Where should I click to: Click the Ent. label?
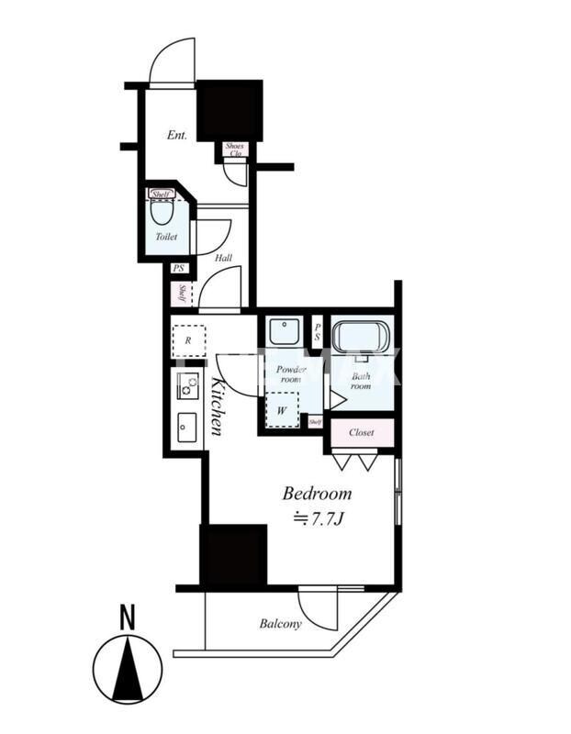click(177, 135)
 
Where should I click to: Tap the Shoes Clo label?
click(235, 149)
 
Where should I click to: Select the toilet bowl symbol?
click(162, 212)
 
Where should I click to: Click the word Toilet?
click(166, 236)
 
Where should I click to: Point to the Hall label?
click(223, 258)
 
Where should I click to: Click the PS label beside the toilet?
click(178, 269)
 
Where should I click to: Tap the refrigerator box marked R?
click(188, 339)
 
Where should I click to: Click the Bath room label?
click(360, 380)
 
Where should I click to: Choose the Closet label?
click(361, 431)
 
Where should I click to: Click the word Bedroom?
click(316, 494)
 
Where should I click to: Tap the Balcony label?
click(280, 624)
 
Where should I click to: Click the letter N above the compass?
click(127, 618)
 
